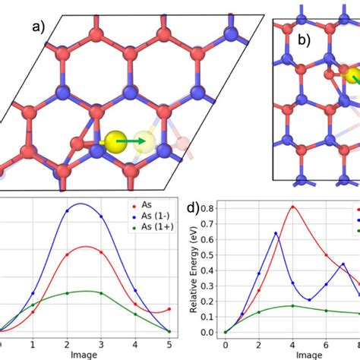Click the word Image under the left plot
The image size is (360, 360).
point(84,354)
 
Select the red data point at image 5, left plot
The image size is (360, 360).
point(169,309)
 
